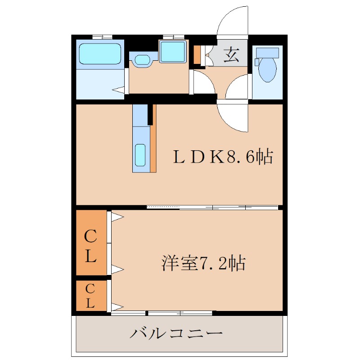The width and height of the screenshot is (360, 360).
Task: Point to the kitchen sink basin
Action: coord(140,155)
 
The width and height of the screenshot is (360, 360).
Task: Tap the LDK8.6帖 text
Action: coord(224,157)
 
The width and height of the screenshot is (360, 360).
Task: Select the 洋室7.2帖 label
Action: coord(203,262)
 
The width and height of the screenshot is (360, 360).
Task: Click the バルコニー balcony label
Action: coord(177,334)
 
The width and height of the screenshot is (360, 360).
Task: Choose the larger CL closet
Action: coord(91,243)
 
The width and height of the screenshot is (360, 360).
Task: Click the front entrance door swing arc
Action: coord(233,20)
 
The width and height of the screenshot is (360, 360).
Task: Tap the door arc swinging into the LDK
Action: coord(233,118)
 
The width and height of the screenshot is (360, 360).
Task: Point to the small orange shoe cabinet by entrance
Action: coord(197,54)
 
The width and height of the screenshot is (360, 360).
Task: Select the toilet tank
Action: coord(267,53)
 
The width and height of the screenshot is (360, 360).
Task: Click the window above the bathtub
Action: coord(102,36)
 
